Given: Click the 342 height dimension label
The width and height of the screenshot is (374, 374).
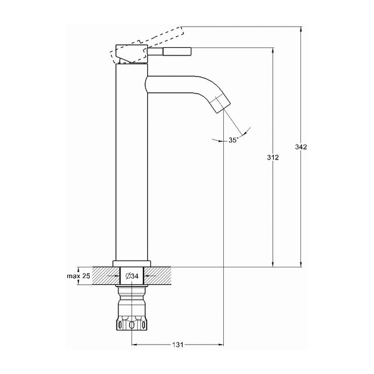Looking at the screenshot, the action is coord(301,147).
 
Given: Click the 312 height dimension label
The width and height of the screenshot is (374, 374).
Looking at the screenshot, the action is coord(272,158).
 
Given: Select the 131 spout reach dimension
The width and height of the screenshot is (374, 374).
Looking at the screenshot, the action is coord(178,345).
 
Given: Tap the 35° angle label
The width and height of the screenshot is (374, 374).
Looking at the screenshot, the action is coord(233,140).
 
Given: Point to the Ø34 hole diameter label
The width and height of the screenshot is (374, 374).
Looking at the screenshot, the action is coord(132,276).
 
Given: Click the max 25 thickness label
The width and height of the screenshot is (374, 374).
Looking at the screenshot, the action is coord(79,276).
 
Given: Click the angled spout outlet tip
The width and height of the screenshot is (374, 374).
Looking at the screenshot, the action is coord(221,105).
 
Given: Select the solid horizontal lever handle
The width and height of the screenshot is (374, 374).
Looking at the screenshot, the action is coord(170,51).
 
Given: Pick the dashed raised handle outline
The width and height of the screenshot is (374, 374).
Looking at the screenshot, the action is coord(147,45).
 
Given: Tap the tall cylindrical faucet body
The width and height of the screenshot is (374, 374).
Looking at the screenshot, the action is coord(132,162).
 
